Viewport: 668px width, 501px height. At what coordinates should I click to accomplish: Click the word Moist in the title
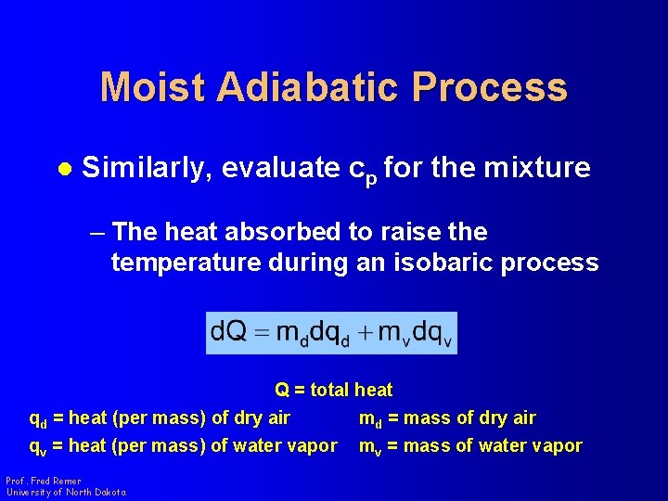click(x=151, y=87)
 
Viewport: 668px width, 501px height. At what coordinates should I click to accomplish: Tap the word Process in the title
click(x=490, y=87)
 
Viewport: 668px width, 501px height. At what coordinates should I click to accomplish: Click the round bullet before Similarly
click(x=63, y=169)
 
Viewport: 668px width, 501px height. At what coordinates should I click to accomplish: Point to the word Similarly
click(x=148, y=168)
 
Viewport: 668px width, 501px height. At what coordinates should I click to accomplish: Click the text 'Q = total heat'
click(x=333, y=390)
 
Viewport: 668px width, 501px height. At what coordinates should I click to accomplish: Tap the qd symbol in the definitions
click(x=38, y=419)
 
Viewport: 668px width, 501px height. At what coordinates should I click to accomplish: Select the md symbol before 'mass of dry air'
click(x=371, y=419)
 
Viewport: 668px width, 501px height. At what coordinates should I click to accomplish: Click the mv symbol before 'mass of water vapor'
click(x=371, y=446)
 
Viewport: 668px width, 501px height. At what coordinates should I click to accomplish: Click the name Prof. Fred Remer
click(x=44, y=481)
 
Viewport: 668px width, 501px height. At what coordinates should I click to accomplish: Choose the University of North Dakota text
click(x=66, y=492)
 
